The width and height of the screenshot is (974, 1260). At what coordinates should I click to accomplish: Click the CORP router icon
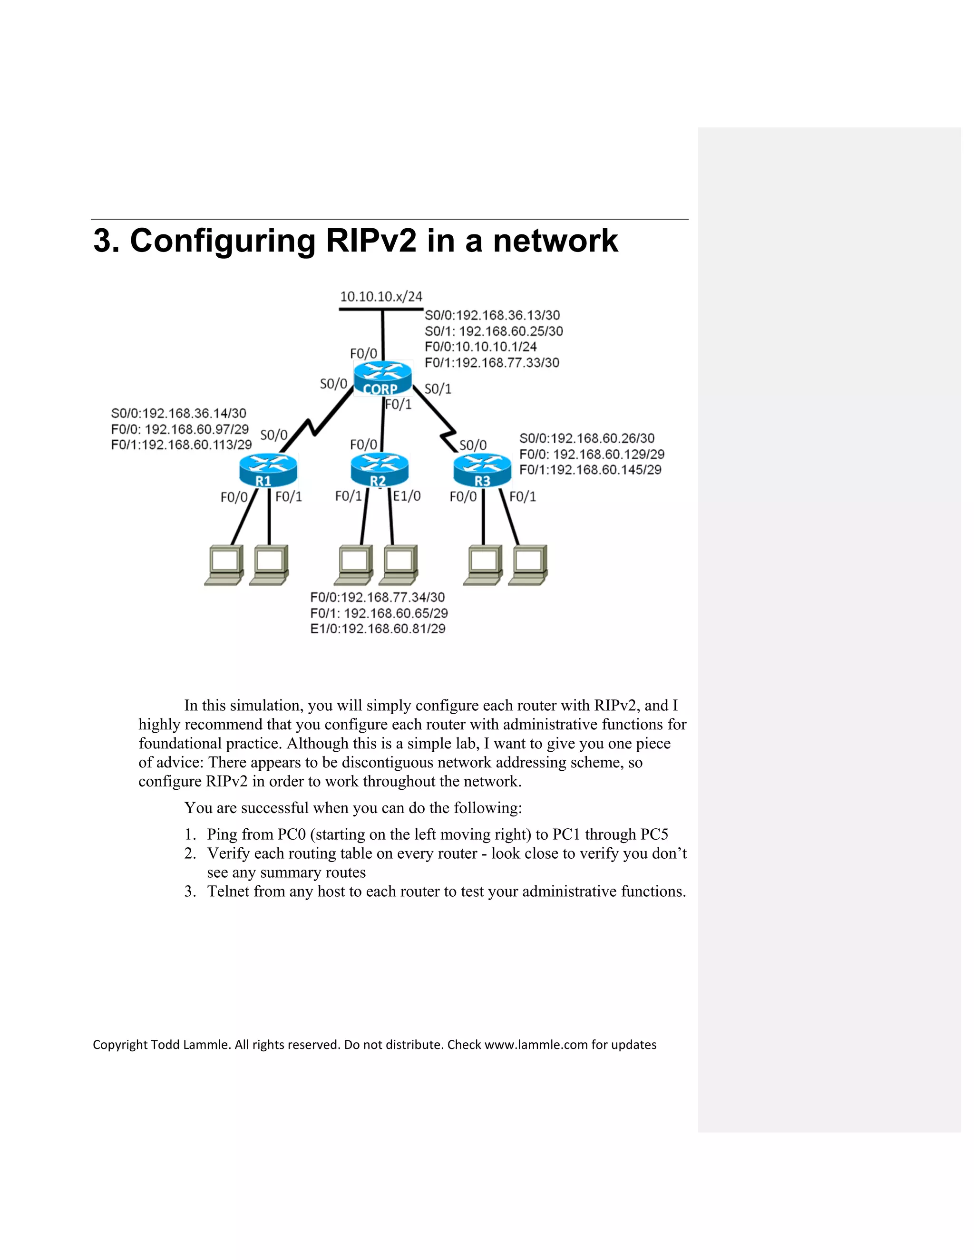tap(382, 378)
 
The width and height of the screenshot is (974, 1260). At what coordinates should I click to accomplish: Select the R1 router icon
tap(268, 470)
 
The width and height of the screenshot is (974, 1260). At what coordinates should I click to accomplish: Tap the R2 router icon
tap(379, 470)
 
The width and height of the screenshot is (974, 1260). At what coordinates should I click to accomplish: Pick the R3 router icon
tap(482, 470)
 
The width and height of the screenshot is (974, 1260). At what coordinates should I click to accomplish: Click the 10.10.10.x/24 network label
tap(381, 297)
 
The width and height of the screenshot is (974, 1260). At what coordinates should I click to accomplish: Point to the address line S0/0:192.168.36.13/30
tap(492, 315)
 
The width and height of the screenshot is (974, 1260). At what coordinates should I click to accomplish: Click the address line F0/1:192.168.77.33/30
tap(492, 362)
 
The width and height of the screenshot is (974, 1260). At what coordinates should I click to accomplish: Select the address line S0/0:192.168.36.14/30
tap(178, 413)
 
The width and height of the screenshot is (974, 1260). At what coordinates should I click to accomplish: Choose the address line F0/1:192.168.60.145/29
tap(590, 470)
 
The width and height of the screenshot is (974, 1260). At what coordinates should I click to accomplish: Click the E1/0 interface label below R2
tap(407, 495)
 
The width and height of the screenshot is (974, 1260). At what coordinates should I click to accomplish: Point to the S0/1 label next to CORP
tap(438, 389)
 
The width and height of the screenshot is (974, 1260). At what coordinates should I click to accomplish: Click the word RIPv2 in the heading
tap(370, 241)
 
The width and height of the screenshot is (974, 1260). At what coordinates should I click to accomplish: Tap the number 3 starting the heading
tap(102, 241)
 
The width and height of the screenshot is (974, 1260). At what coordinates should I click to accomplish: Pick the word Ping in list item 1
tap(222, 834)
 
